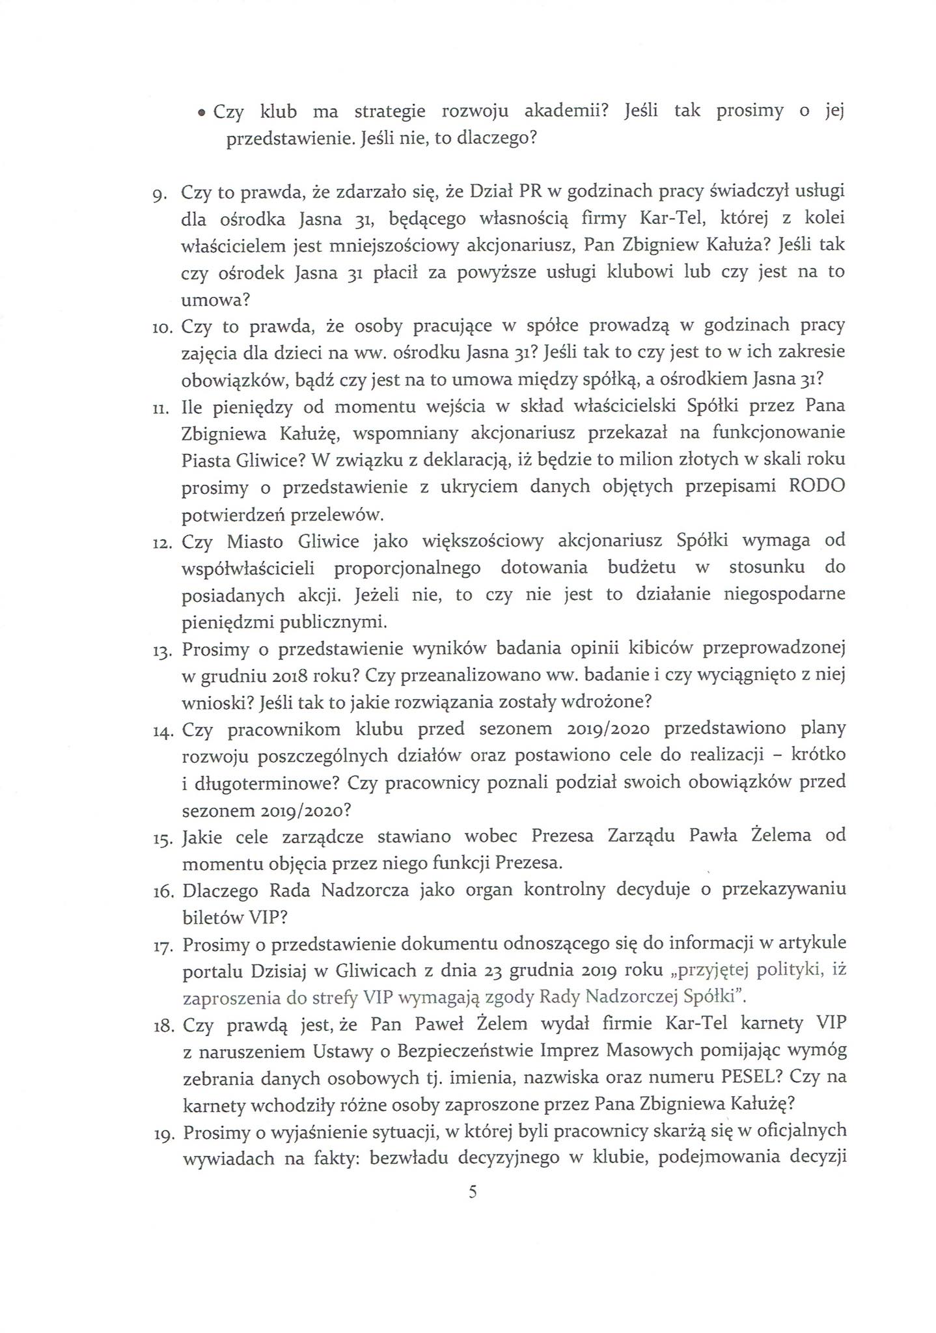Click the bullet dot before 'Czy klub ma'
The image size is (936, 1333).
pyautogui.click(x=202, y=114)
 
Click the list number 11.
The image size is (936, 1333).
pyautogui.click(x=159, y=408)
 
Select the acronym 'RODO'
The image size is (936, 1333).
pyautogui.click(x=816, y=486)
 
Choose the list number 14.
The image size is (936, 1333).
pyautogui.click(x=160, y=731)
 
